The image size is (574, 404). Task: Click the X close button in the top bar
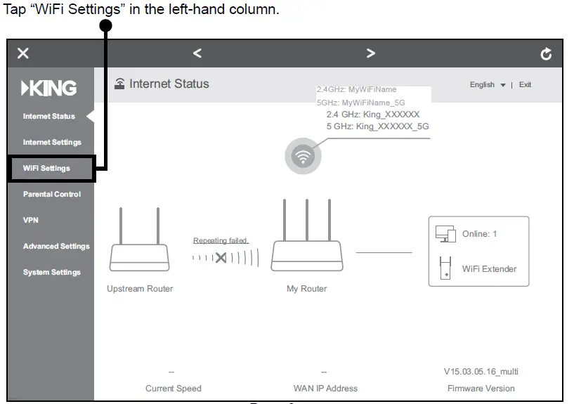23,53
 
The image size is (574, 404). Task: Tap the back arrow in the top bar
197,53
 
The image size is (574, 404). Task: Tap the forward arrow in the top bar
371,53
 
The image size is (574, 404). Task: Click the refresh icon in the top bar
546,54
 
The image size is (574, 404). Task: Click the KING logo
49,89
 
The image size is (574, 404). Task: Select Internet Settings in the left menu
52,143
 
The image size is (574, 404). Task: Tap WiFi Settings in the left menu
46,169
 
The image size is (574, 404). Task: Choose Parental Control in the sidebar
52,195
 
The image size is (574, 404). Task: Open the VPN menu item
31,221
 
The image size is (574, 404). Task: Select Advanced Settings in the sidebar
56,247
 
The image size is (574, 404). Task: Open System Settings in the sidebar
52,273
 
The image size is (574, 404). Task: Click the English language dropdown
487,85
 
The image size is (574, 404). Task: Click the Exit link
525,85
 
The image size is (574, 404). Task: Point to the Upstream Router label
140,289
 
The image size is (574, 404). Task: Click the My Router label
306,289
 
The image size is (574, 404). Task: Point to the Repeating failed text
221,241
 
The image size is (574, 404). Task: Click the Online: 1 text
479,234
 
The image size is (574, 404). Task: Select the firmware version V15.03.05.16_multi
481,372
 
